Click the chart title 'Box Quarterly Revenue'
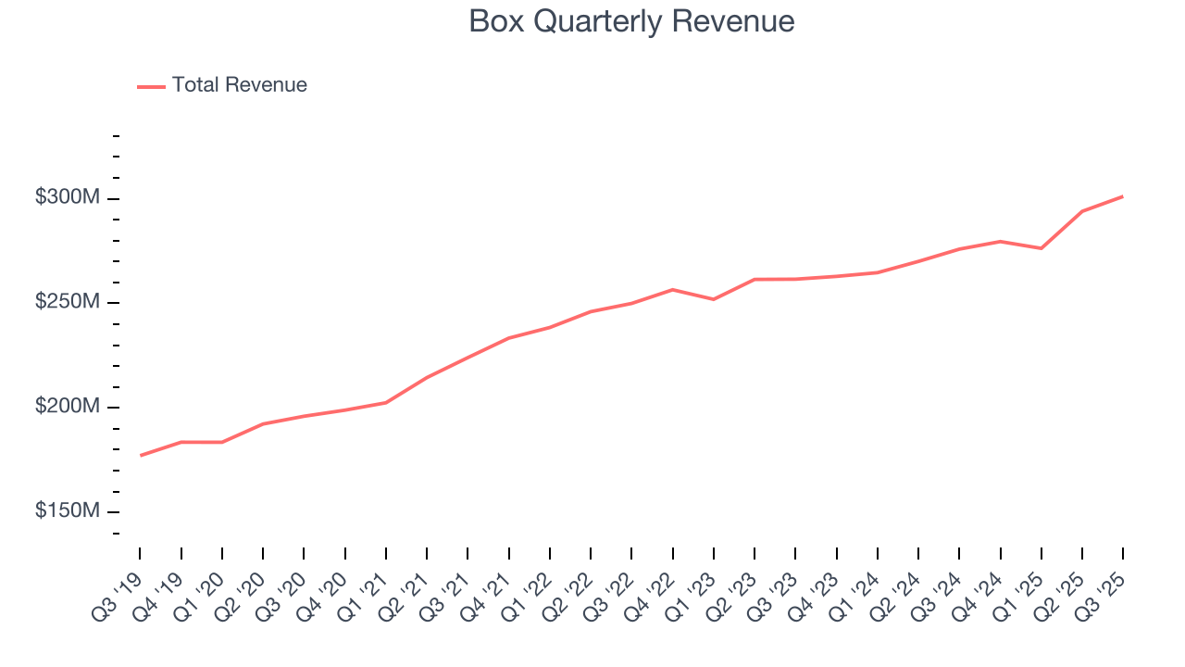pyautogui.click(x=631, y=21)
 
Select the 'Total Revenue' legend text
pyautogui.click(x=239, y=85)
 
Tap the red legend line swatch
pyautogui.click(x=151, y=86)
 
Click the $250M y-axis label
pyautogui.click(x=67, y=302)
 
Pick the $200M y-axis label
pyautogui.click(x=67, y=407)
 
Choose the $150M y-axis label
pyautogui.click(x=67, y=511)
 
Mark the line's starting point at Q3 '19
pyautogui.click(x=141, y=455)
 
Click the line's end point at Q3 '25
pyautogui.click(x=1123, y=196)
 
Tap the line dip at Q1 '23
pyautogui.click(x=714, y=299)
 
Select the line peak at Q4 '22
pyautogui.click(x=673, y=290)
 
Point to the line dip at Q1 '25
pyautogui.click(x=1042, y=248)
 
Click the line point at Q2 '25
pyautogui.click(x=1082, y=211)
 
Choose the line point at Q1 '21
pyautogui.click(x=386, y=402)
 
